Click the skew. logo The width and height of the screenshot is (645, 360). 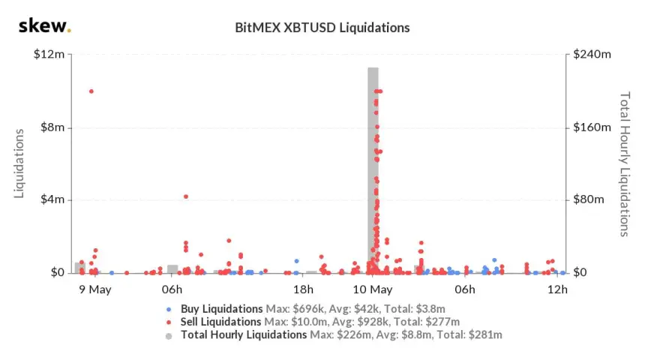pyautogui.click(x=44, y=27)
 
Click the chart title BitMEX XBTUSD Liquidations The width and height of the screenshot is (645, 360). pyautogui.click(x=322, y=28)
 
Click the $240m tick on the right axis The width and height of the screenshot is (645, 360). pyautogui.click(x=590, y=55)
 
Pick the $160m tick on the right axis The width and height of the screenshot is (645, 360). pyautogui.click(x=590, y=127)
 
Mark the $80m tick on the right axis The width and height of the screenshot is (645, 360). pyautogui.click(x=588, y=200)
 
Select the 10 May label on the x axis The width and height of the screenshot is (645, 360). pyautogui.click(x=373, y=289)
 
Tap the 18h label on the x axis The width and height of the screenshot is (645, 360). pyautogui.click(x=304, y=289)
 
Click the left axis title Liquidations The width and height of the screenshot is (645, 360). pyautogui.click(x=20, y=163)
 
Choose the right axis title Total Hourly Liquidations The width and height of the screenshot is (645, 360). pyautogui.click(x=624, y=163)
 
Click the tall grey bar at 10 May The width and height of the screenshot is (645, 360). pyautogui.click(x=373, y=172)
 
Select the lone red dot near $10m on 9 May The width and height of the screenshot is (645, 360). pyautogui.click(x=91, y=91)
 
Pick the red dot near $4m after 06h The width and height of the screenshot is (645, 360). pyautogui.click(x=186, y=196)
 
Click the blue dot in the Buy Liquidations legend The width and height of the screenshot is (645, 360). pyautogui.click(x=169, y=309)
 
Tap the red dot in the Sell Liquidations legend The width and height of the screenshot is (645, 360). pyautogui.click(x=169, y=322)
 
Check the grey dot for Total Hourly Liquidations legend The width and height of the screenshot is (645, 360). pyautogui.click(x=169, y=335)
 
